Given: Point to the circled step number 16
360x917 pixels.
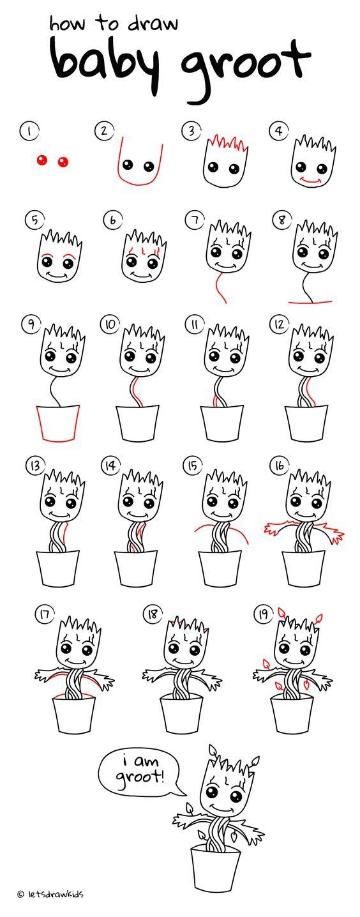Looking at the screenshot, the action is (x=280, y=466).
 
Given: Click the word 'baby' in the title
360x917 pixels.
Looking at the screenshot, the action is (x=103, y=61).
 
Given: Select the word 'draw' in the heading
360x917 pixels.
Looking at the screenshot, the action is (x=152, y=24).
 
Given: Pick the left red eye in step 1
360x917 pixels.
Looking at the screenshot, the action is (x=41, y=160).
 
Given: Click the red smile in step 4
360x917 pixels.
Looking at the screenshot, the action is (x=310, y=179).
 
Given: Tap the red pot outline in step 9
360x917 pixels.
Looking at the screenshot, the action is (x=57, y=424).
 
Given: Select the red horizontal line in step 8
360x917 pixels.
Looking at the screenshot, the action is (x=310, y=302).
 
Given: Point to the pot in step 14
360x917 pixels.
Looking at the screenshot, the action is (x=135, y=568).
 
